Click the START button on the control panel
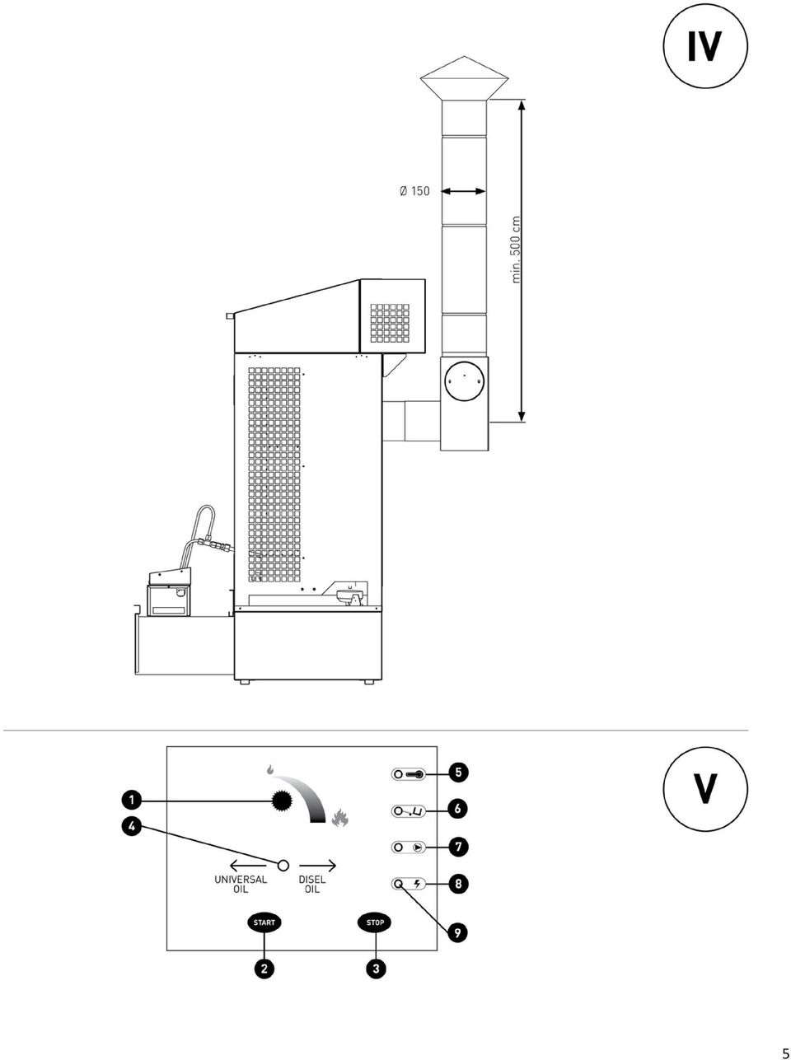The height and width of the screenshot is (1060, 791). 264,922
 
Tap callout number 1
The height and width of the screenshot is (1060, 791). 131,801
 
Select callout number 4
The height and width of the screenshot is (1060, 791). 131,826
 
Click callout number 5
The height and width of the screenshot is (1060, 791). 458,773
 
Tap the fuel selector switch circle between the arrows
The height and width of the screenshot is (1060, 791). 283,865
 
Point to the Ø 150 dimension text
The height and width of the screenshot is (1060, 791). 414,191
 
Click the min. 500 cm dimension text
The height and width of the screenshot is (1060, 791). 517,250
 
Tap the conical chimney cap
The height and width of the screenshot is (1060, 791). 464,78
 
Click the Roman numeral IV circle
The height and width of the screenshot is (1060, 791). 705,46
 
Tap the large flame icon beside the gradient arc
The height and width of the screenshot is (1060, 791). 340,818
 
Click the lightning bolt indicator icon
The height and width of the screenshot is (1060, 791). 417,885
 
